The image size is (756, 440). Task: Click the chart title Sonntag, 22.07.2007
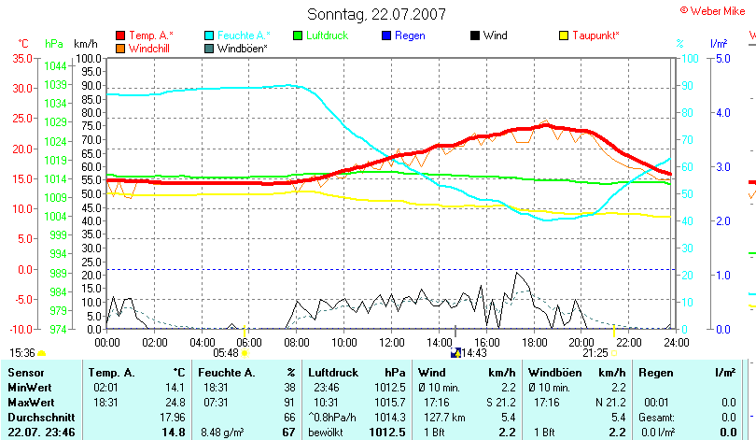[x=376, y=14]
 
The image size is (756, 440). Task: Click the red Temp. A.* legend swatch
[x=120, y=35]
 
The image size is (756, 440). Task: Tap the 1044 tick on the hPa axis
[x=55, y=66]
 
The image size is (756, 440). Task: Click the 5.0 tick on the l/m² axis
[x=721, y=58]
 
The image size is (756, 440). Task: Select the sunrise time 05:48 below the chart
[x=226, y=353]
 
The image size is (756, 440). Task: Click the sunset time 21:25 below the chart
[x=595, y=353]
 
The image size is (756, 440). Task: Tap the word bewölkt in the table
[x=328, y=433]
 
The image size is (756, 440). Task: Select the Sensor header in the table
[x=25, y=373]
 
